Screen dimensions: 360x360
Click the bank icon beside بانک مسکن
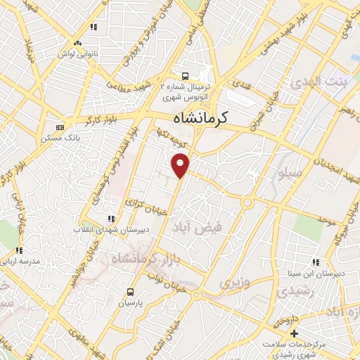pyautogui.click(x=60, y=127)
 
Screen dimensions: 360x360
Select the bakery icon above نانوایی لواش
pyautogui.click(x=93, y=27)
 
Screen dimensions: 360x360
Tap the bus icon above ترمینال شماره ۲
pyautogui.click(x=184, y=76)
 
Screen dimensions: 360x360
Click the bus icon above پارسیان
pyautogui.click(x=130, y=292)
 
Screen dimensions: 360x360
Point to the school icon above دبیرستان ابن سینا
pyautogui.click(x=324, y=262)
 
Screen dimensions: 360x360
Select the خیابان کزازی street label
pyautogui.click(x=144, y=206)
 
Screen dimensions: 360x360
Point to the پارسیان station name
pyautogui.click(x=130, y=303)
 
